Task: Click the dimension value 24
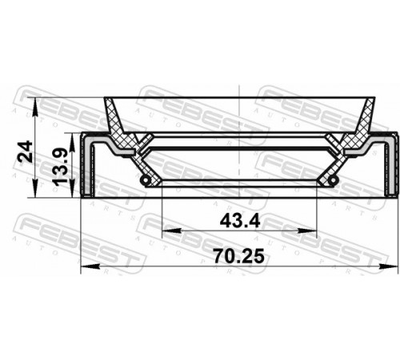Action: tap(25, 152)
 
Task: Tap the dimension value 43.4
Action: tap(240, 222)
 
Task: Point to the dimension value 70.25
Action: tap(239, 255)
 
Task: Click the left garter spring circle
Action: tap(146, 180)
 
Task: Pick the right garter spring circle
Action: tap(333, 180)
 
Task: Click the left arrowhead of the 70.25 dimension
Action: tap(90, 266)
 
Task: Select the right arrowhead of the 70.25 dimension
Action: tap(389, 266)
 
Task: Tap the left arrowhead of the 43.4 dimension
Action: tap(171, 230)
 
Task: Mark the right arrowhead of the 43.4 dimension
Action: tap(307, 230)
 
